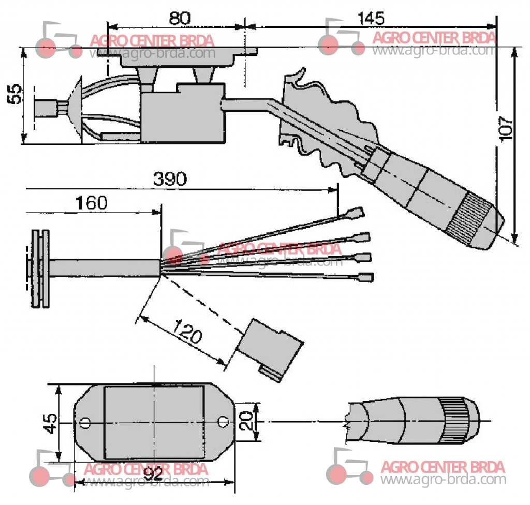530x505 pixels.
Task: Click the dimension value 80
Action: (x=180, y=18)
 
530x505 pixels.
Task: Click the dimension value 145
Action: (x=371, y=18)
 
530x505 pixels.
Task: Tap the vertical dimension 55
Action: (x=14, y=94)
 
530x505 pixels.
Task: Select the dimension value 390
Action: (x=170, y=179)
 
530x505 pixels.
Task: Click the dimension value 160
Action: (x=91, y=203)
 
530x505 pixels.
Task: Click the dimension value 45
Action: (x=50, y=423)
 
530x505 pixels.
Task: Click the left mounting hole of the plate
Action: (x=85, y=423)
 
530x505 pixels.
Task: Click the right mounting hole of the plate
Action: (x=222, y=422)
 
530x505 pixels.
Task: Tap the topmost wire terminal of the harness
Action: (x=355, y=213)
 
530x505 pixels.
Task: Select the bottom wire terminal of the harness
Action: (x=366, y=277)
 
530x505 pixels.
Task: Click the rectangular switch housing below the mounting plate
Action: (x=183, y=113)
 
